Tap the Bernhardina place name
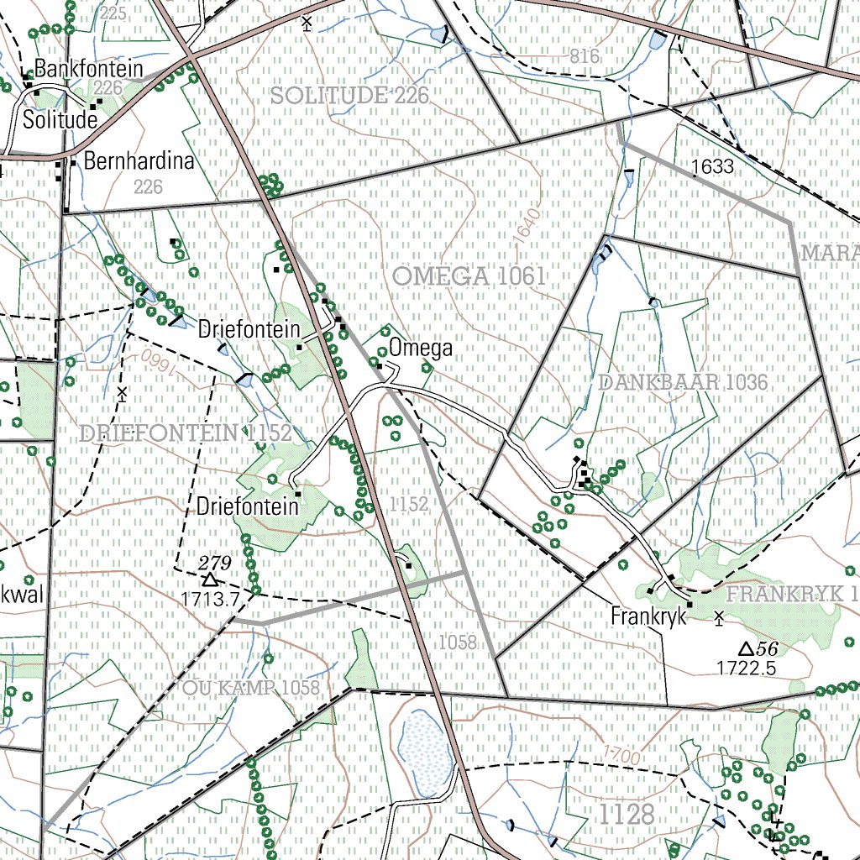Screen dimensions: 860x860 pyautogui.click(x=139, y=161)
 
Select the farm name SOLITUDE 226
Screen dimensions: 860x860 pyautogui.click(x=350, y=96)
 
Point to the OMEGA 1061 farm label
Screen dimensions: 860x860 pyautogui.click(x=469, y=275)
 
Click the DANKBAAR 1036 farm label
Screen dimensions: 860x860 pyautogui.click(x=684, y=383)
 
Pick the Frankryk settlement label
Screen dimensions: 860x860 pyautogui.click(x=648, y=616)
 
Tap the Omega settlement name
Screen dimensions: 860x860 pyautogui.click(x=420, y=348)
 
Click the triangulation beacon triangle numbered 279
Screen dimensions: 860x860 pyautogui.click(x=209, y=579)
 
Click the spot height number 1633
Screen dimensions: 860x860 pyautogui.click(x=713, y=167)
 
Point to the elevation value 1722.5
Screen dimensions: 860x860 pyautogui.click(x=746, y=668)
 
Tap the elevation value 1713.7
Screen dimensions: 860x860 pyautogui.click(x=210, y=598)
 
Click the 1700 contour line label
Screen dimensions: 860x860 pyautogui.click(x=621, y=756)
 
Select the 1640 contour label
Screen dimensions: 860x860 pyautogui.click(x=525, y=228)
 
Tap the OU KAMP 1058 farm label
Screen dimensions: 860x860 pyautogui.click(x=251, y=689)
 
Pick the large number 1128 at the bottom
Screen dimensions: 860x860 pyautogui.click(x=627, y=814)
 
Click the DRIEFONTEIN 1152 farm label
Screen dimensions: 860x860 pyautogui.click(x=186, y=433)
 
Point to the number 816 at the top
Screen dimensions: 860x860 pyautogui.click(x=585, y=56)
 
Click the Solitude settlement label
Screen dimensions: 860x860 pyautogui.click(x=60, y=120)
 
